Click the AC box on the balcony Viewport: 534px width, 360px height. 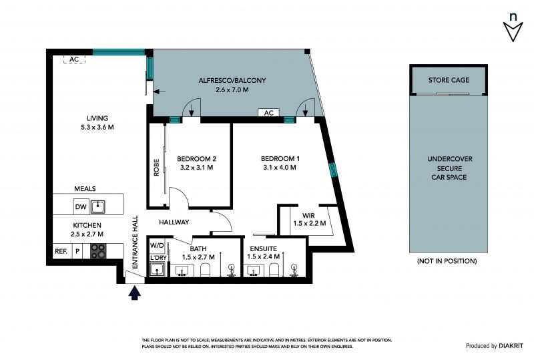[269, 112]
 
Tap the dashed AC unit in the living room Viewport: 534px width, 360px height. [74, 59]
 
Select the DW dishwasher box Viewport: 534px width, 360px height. [81, 206]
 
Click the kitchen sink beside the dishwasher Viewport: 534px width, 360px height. [97, 206]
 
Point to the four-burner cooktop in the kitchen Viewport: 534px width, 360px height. [98, 251]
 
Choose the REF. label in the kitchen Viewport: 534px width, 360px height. [61, 251]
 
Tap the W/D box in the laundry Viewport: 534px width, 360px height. [157, 246]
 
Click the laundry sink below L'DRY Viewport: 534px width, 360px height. [157, 270]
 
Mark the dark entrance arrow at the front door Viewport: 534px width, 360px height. [135, 293]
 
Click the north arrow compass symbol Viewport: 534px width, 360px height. [513, 28]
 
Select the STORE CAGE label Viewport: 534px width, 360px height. [449, 80]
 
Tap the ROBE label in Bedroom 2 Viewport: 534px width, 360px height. [156, 168]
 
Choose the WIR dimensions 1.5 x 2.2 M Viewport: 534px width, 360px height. [310, 223]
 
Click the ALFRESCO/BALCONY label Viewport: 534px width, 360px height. [232, 80]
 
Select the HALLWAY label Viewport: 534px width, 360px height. [174, 222]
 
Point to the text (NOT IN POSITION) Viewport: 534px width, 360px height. [447, 261]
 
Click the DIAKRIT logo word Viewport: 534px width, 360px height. [511, 346]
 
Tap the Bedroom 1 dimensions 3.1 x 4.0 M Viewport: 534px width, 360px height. [280, 168]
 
